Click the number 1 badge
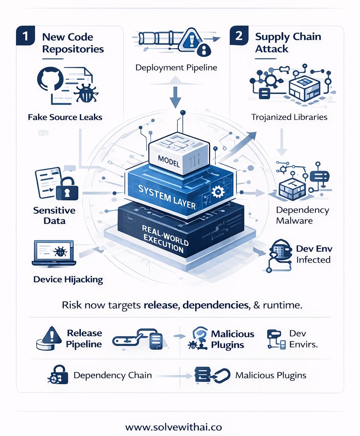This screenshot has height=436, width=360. [x=25, y=36]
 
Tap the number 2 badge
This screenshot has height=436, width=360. [x=239, y=36]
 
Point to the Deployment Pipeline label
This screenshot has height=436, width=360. [x=176, y=68]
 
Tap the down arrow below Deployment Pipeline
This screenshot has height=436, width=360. [x=175, y=97]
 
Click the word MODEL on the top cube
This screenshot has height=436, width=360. [x=169, y=161]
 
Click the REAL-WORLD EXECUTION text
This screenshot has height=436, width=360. [x=165, y=239]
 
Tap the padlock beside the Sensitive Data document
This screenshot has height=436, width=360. [x=67, y=189]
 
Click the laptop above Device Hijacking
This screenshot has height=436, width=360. [x=54, y=253]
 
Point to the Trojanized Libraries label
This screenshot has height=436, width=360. [x=289, y=117]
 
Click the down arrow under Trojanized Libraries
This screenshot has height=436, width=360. [x=282, y=142]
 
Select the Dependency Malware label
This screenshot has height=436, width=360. [x=302, y=215]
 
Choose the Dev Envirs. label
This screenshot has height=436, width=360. [x=303, y=339]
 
